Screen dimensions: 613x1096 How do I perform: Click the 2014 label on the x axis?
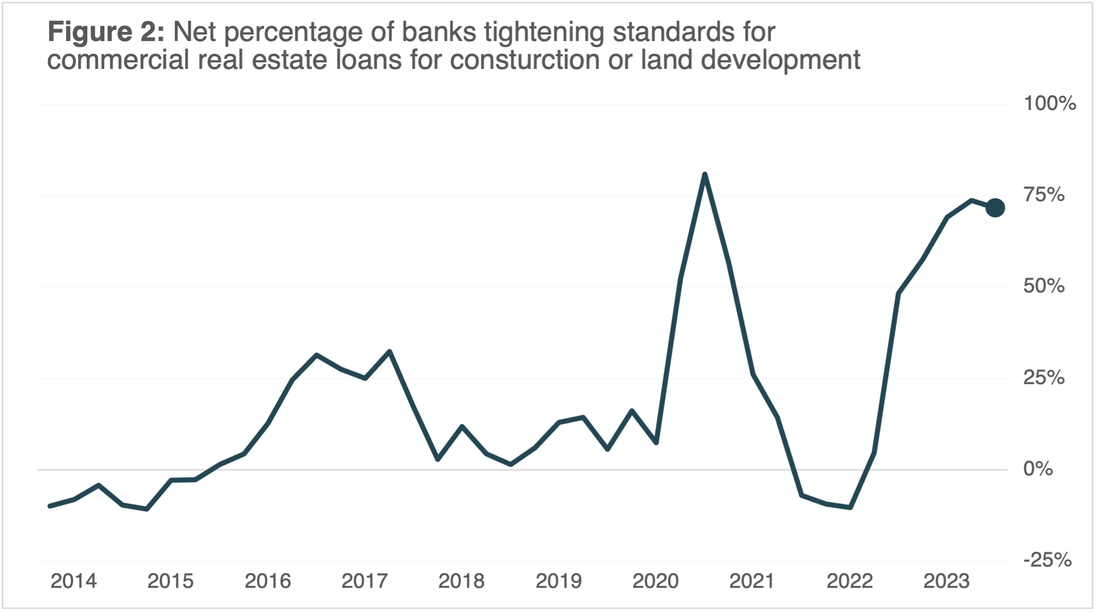pos(73,581)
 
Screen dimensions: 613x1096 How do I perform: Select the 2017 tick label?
pos(364,581)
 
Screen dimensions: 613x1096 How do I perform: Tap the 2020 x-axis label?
pos(655,581)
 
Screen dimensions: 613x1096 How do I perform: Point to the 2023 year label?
pos(946,581)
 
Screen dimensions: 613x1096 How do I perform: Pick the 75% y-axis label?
pos(1044,195)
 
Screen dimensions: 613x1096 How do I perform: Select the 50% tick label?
pos(1044,286)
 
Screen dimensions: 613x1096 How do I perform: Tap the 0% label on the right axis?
pos(1038,469)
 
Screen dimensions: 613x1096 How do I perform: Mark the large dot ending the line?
pos(995,208)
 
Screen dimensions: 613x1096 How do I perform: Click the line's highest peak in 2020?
pos(705,175)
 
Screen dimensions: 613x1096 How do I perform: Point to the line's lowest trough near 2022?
pos(850,507)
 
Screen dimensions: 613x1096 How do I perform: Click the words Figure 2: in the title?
pos(106,32)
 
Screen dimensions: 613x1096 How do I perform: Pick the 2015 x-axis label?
pos(170,581)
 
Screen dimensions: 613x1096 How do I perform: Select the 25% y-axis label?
pos(1044,378)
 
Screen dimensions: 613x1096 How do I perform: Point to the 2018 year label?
pos(461,581)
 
